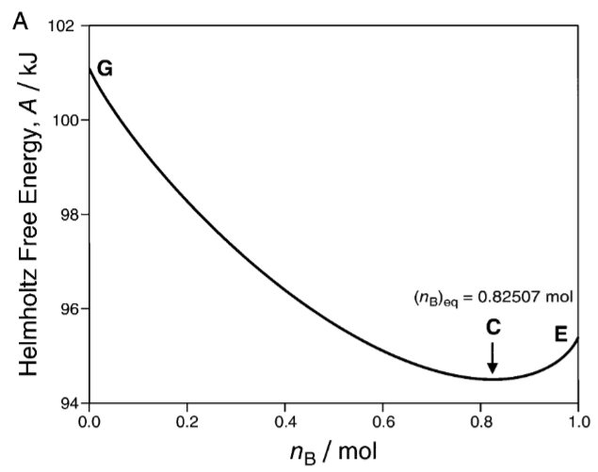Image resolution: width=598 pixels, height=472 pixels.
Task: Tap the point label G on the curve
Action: pos(105,69)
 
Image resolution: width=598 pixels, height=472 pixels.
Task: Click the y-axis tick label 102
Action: pos(62,25)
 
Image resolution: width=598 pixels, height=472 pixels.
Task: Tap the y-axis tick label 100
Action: pos(62,121)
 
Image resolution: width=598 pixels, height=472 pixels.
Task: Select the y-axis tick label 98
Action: pos(66,215)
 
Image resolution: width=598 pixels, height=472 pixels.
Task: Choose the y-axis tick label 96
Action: pos(66,309)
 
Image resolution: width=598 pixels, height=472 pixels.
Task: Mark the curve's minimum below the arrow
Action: pos(493,379)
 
